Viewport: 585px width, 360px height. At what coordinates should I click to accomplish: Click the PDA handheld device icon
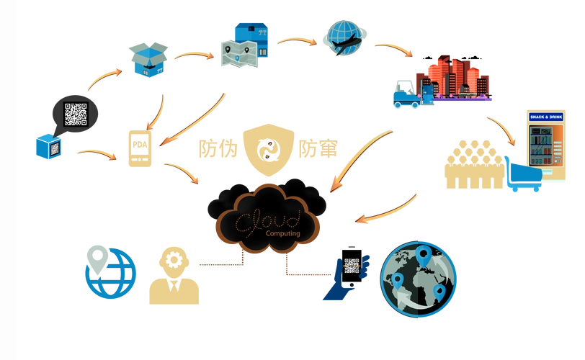click(x=140, y=148)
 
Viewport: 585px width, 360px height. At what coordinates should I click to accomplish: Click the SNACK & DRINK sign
click(x=546, y=117)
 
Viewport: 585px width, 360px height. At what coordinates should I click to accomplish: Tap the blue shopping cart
click(x=523, y=174)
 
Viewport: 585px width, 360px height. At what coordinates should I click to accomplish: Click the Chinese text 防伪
click(x=218, y=148)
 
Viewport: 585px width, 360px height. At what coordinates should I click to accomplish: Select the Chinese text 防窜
click(x=317, y=148)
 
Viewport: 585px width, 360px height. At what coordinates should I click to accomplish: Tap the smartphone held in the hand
click(x=351, y=269)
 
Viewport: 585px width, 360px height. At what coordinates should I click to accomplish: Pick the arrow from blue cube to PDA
click(x=96, y=153)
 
